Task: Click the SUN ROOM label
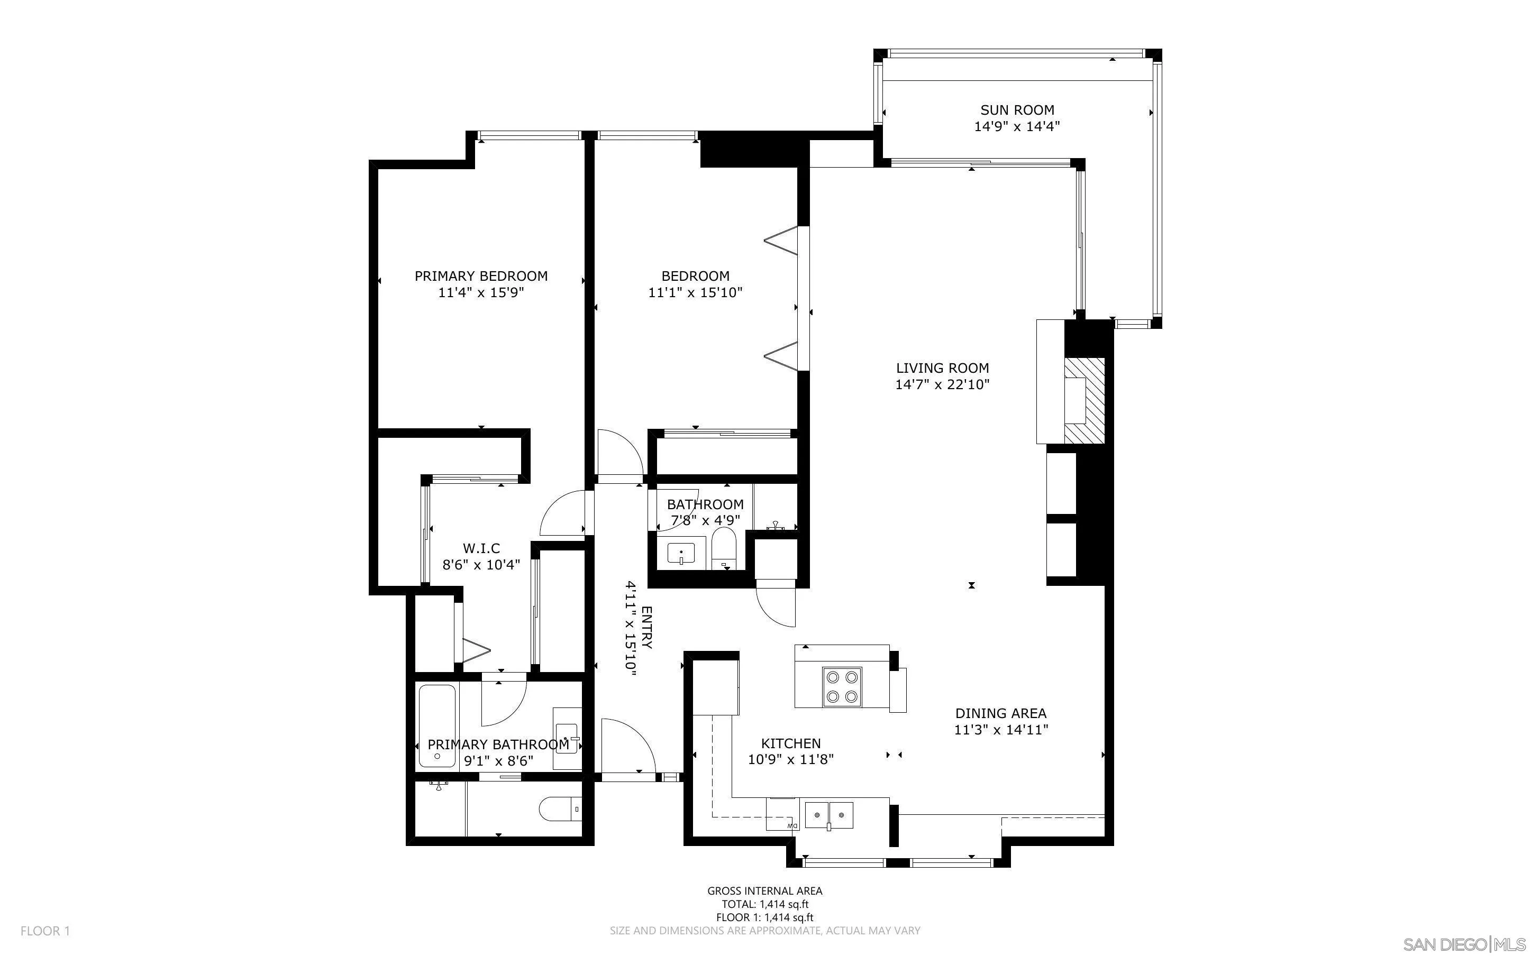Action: point(1017,110)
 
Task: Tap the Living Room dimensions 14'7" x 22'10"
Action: point(942,384)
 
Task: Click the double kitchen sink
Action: point(828,814)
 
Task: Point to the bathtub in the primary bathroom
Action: point(436,727)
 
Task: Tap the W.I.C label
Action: point(481,548)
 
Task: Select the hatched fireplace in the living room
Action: point(1084,401)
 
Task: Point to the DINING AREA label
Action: point(1000,713)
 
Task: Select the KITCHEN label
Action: point(790,743)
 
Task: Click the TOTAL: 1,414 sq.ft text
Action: point(764,904)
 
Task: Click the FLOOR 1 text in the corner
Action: point(45,931)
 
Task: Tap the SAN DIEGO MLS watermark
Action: point(1463,944)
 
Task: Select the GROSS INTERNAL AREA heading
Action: point(764,891)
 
